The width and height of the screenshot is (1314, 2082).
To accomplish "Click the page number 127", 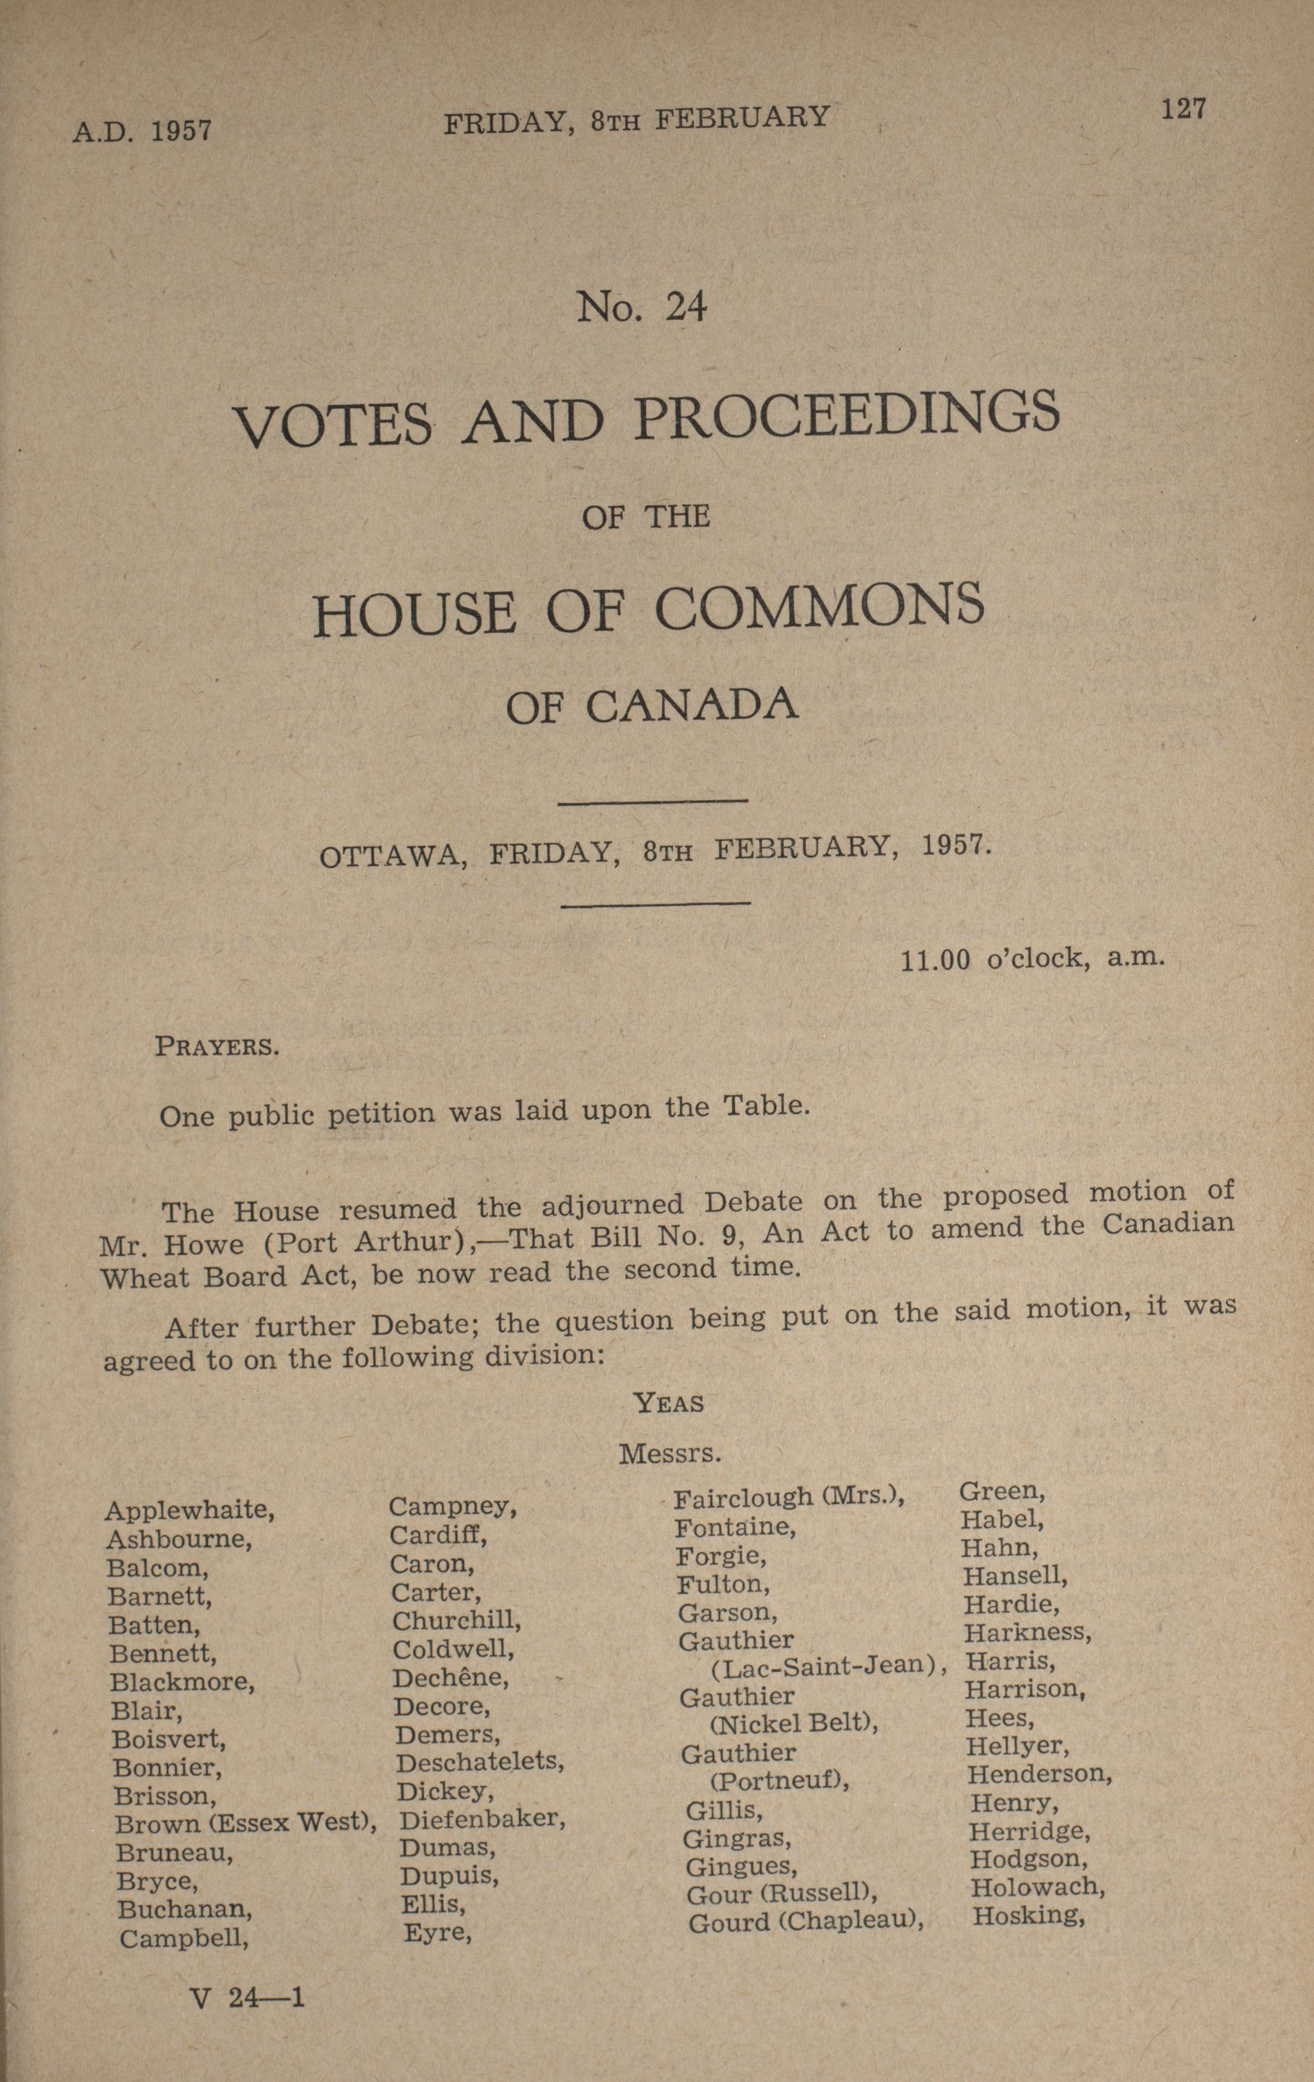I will pyautogui.click(x=1183, y=110).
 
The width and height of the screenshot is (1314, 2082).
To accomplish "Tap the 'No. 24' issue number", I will pyautogui.click(x=643, y=307).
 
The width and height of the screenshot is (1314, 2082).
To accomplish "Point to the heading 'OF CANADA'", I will pyautogui.click(x=652, y=706).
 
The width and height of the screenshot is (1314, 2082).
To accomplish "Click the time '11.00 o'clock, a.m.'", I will pyautogui.click(x=1033, y=959).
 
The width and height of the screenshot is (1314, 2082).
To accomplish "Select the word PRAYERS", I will pyautogui.click(x=216, y=1047).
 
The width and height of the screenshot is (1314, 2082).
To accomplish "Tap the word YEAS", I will pyautogui.click(x=669, y=1402).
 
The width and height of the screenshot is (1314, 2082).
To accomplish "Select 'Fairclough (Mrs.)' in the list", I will pyautogui.click(x=788, y=1496).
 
